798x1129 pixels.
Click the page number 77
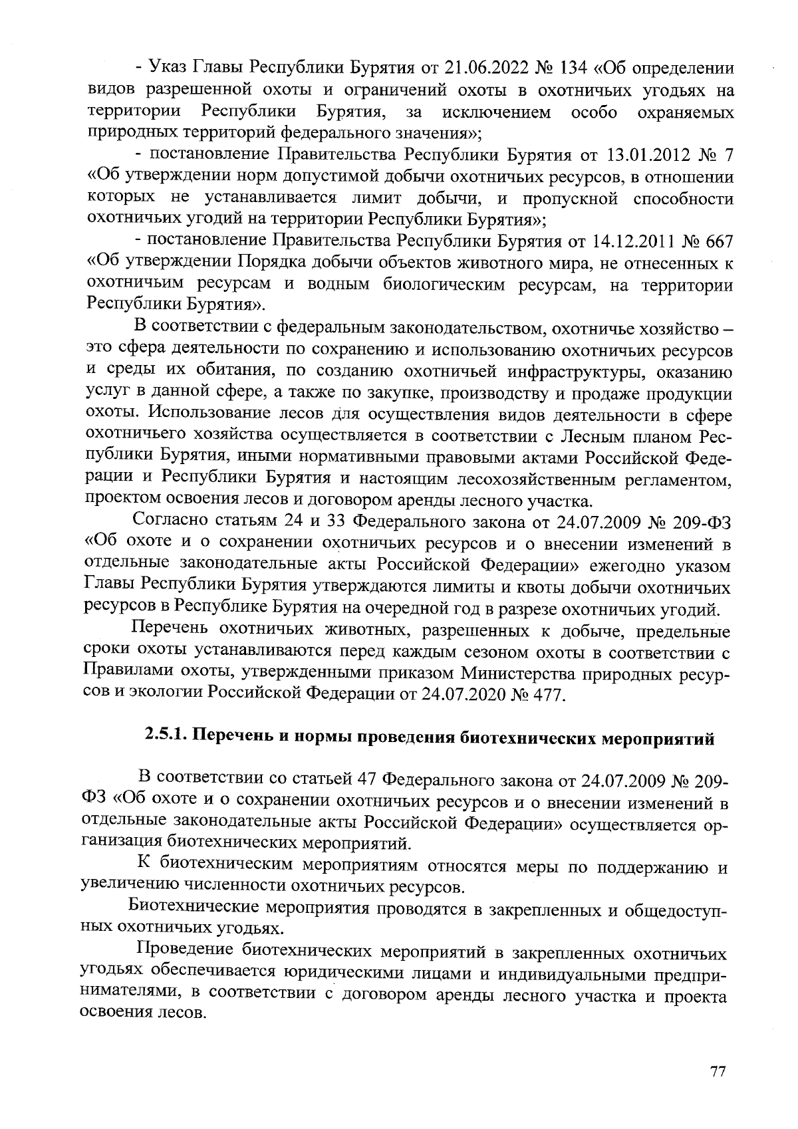click(717, 1072)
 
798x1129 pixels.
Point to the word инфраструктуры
click(529, 372)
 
